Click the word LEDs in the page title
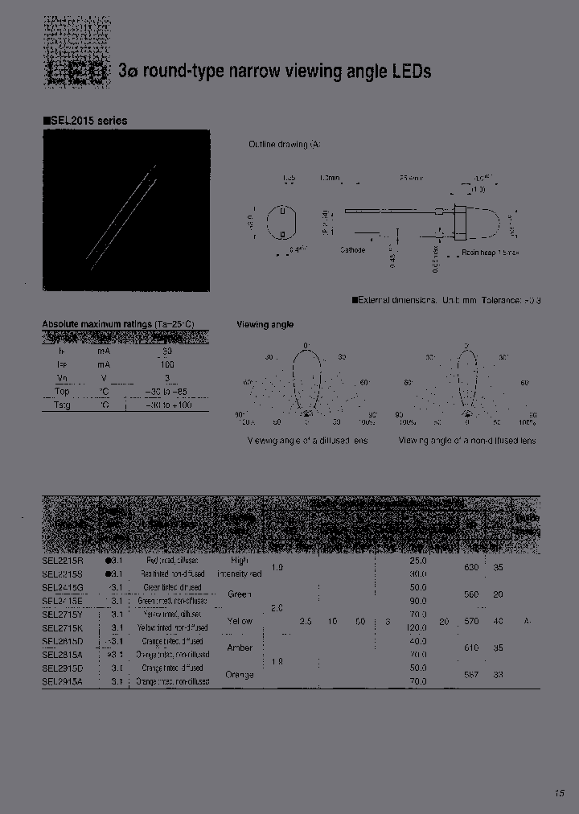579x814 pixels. (x=412, y=72)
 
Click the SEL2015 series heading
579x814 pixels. (x=87, y=121)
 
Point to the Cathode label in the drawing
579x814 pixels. (x=352, y=250)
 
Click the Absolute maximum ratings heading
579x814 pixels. (x=117, y=324)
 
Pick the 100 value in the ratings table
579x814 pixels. (x=167, y=364)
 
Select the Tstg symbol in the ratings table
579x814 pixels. (x=62, y=405)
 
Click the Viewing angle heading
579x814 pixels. (x=265, y=325)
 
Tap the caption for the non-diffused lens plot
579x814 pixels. (x=466, y=441)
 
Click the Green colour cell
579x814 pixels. (x=240, y=594)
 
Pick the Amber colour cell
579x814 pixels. (x=240, y=647)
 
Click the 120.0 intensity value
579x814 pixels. (x=416, y=627)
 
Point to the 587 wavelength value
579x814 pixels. (x=472, y=675)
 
